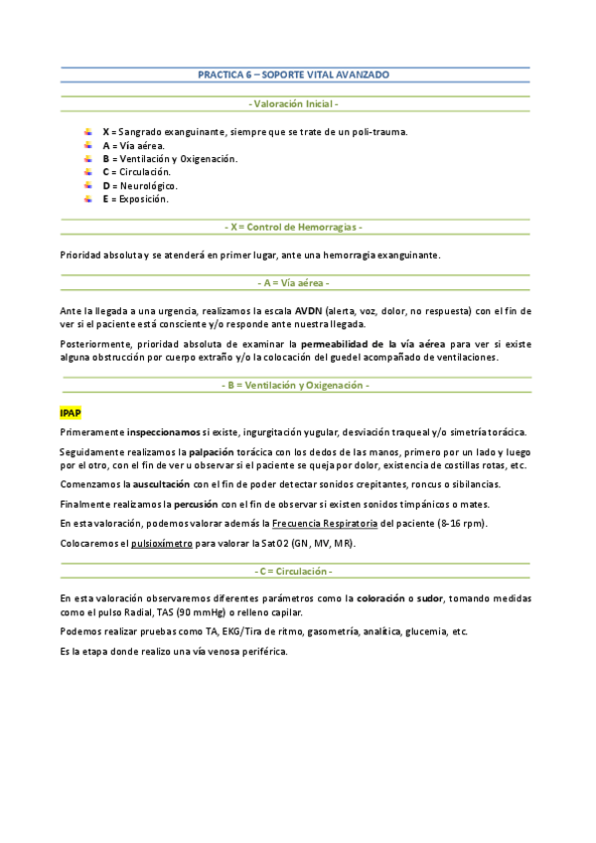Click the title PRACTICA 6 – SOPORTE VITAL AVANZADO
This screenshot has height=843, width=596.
(293, 76)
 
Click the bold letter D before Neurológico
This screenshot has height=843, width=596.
(105, 186)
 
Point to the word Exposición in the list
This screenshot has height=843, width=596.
(143, 199)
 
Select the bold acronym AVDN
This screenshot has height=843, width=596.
(310, 310)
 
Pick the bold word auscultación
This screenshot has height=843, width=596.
(164, 484)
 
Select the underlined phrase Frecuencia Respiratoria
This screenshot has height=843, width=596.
(324, 523)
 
